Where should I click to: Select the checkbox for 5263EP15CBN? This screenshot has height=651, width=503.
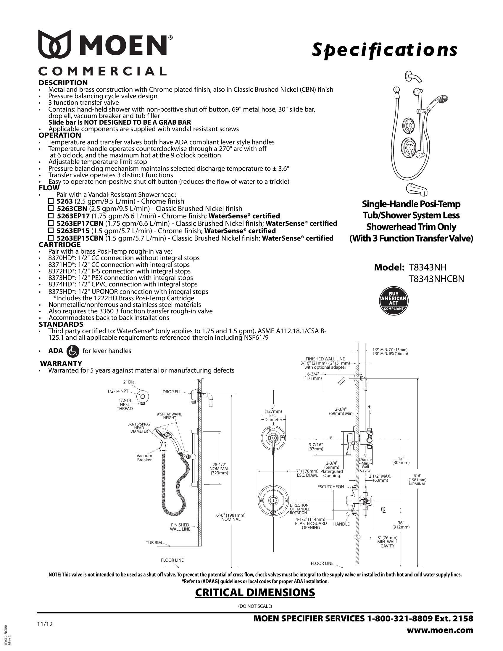point(51,238)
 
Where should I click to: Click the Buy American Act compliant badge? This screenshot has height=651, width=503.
point(393,301)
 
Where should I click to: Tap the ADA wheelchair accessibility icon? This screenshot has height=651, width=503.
point(73,351)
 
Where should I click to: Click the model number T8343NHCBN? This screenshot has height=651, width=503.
point(436,279)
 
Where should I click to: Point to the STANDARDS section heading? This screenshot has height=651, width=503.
point(61,324)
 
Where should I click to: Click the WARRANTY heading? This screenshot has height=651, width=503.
point(61,363)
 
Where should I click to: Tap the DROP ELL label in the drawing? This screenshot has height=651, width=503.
point(172,392)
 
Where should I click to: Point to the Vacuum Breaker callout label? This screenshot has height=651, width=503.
point(144,457)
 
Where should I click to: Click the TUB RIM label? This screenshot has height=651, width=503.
point(154,542)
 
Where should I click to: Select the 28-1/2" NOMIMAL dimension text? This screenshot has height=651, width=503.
point(219,468)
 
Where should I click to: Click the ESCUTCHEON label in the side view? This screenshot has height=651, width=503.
point(331,487)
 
